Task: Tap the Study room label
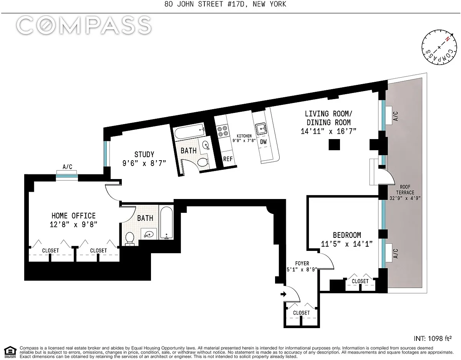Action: [x=144, y=154]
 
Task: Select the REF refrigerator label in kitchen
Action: [x=228, y=159]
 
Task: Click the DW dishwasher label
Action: [x=263, y=142]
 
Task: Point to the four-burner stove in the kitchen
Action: [x=222, y=131]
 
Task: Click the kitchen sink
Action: [x=261, y=129]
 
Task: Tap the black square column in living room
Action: [x=334, y=145]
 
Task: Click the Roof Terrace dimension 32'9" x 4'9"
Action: [x=405, y=198]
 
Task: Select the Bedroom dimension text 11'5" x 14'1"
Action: [x=347, y=244]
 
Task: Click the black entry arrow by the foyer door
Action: [x=284, y=294]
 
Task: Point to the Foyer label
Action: [x=302, y=264]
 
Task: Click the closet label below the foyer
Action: [x=301, y=313]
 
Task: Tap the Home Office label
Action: [x=73, y=216]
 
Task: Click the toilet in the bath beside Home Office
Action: [x=129, y=239]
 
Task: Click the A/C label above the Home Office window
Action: [x=67, y=167]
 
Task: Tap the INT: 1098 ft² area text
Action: [x=433, y=338]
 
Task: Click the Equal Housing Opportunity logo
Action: [x=10, y=353]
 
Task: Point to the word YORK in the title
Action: [x=277, y=4]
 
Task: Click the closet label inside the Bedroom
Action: [x=360, y=281]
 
